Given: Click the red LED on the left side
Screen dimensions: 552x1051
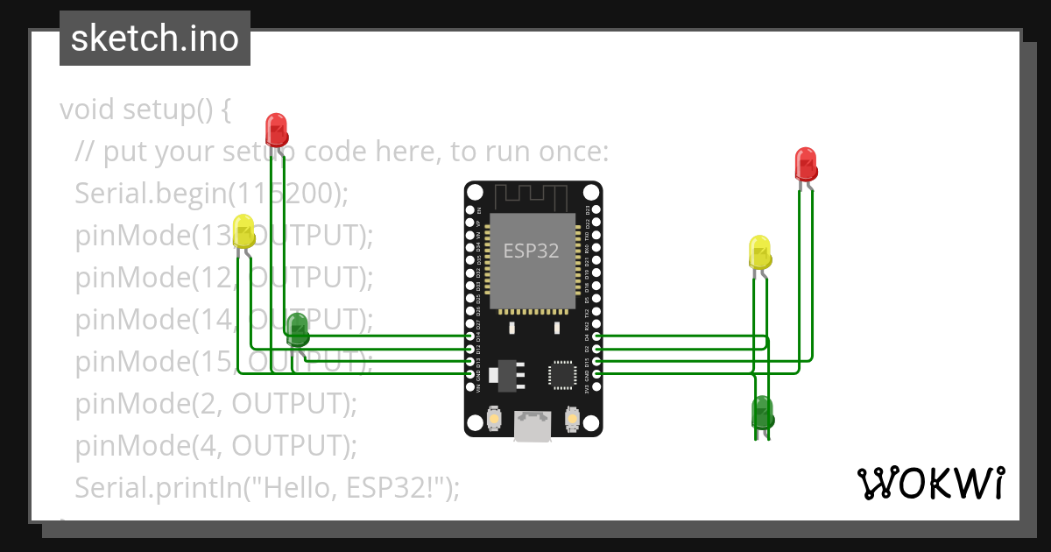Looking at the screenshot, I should tap(276, 129).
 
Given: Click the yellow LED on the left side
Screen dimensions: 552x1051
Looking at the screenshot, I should tap(243, 230).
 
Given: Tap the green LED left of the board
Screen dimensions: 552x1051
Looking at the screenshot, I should tap(297, 329).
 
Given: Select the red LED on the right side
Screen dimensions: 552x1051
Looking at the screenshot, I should tap(805, 164).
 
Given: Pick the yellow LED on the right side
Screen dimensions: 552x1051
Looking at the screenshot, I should tap(759, 251).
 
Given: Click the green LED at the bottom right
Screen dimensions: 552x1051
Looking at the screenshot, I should tap(762, 412).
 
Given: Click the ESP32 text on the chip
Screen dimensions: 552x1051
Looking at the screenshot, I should tap(531, 251).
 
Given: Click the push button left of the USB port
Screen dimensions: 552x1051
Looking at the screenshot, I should tap(494, 419).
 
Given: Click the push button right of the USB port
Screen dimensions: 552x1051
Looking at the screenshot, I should tap(572, 419).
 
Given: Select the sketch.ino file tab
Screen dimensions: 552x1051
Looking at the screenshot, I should tap(155, 39).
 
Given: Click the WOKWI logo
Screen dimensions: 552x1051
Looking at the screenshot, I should tap(929, 483).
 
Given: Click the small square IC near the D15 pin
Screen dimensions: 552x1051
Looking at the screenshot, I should tap(561, 374).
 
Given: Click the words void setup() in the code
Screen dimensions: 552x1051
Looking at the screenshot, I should tap(145, 110).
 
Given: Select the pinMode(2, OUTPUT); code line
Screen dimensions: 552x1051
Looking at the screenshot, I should tap(216, 403).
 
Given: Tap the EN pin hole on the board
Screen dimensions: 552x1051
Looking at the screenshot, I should tap(470, 211).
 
